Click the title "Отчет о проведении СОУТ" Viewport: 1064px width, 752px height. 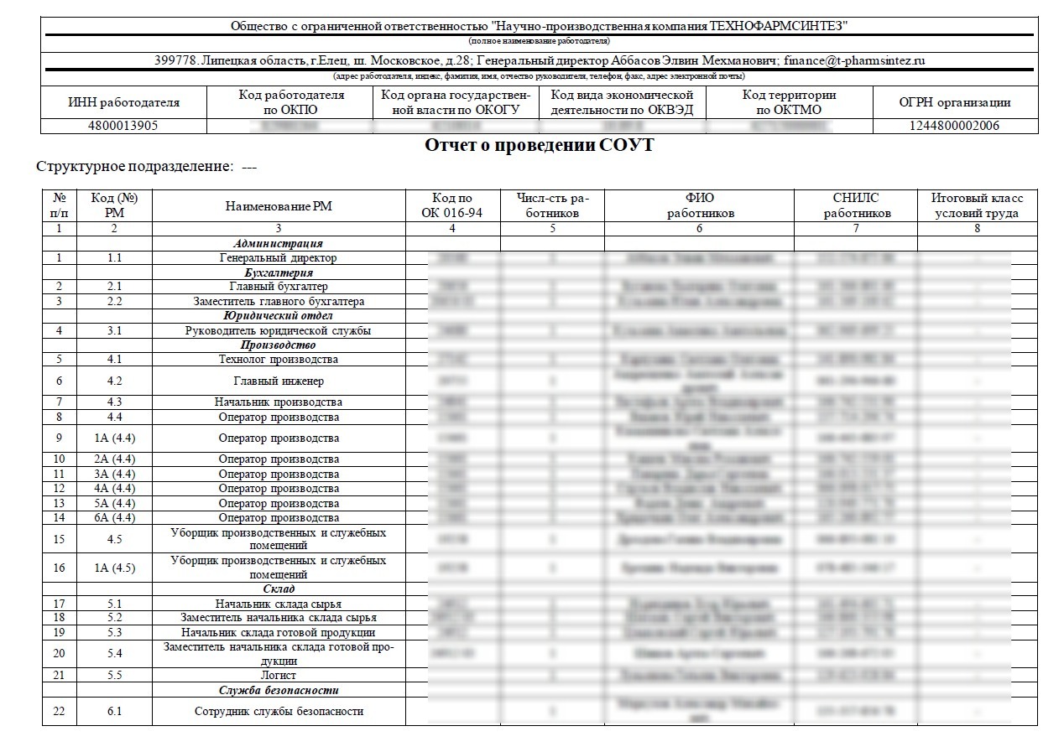[539, 145]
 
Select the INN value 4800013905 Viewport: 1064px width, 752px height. [123, 126]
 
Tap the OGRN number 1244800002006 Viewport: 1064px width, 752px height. [955, 126]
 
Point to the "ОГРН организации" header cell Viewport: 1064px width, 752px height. [955, 103]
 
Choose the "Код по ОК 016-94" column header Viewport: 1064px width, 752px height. [451, 205]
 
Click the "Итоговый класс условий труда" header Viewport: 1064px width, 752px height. [977, 205]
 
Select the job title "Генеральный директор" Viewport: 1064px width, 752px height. [279, 258]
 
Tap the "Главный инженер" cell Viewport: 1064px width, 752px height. [279, 381]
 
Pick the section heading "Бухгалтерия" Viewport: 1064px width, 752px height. [279, 272]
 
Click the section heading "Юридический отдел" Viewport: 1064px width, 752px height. [279, 316]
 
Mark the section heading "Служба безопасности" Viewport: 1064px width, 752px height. [279, 690]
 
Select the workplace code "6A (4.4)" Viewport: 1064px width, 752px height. [114, 517]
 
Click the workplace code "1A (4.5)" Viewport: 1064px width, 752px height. [114, 568]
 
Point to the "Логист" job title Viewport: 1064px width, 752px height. [279, 675]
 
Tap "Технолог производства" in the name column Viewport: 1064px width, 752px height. [279, 360]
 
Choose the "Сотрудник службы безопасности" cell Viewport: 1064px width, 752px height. [279, 711]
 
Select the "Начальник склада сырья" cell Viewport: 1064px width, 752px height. [279, 604]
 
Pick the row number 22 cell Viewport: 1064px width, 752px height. [59, 711]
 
